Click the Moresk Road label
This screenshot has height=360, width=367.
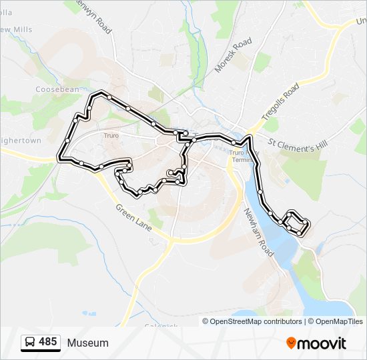[x=234, y=55]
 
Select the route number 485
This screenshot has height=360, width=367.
[x=47, y=342]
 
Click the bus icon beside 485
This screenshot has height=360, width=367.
[x=30, y=343]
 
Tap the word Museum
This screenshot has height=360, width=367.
[x=87, y=343]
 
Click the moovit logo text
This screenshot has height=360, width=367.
[x=322, y=343]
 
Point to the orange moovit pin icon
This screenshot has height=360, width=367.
[x=291, y=343]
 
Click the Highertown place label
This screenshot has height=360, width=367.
[x=20, y=141]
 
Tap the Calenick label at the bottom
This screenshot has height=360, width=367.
[x=160, y=326]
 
